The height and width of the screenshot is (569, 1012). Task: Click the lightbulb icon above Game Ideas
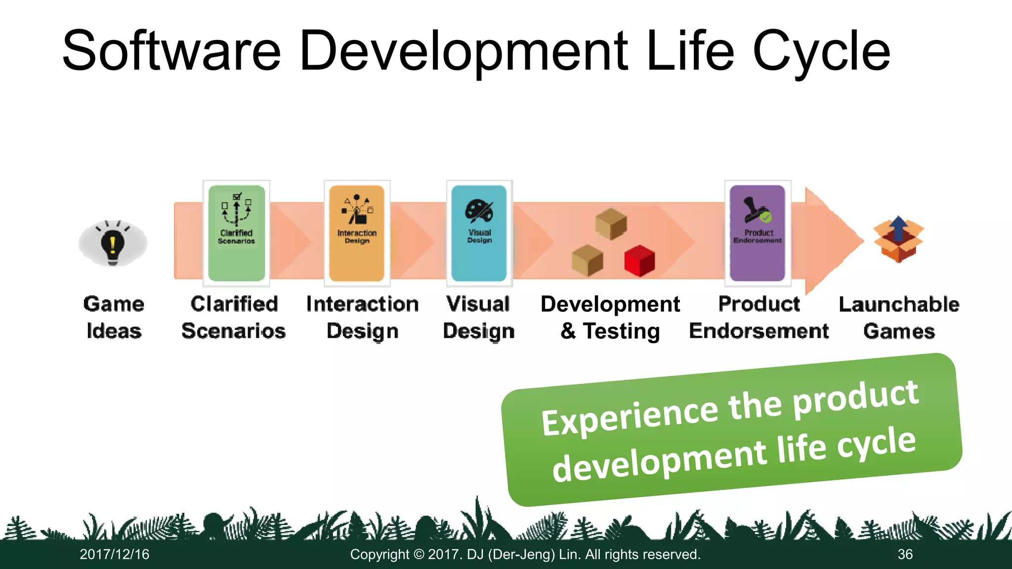tap(113, 243)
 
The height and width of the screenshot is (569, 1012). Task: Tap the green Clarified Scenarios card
tap(236, 233)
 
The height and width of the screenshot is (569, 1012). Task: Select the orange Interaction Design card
tap(357, 233)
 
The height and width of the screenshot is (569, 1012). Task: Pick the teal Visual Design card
tap(479, 233)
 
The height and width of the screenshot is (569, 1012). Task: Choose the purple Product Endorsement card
tap(758, 233)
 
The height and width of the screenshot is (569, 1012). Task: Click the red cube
tap(639, 261)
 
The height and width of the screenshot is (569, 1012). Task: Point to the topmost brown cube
tap(611, 223)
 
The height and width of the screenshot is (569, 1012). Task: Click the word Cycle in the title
tap(821, 51)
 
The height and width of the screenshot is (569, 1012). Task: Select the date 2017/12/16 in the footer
tap(115, 554)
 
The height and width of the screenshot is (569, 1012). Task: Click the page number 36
tap(905, 554)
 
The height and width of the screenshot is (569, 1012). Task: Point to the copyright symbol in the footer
tap(419, 554)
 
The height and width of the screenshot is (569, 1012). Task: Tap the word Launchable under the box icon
tap(899, 304)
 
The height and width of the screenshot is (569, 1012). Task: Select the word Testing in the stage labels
tap(622, 331)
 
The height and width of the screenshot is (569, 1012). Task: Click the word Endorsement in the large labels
tap(759, 331)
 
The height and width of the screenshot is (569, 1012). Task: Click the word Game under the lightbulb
tap(114, 304)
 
